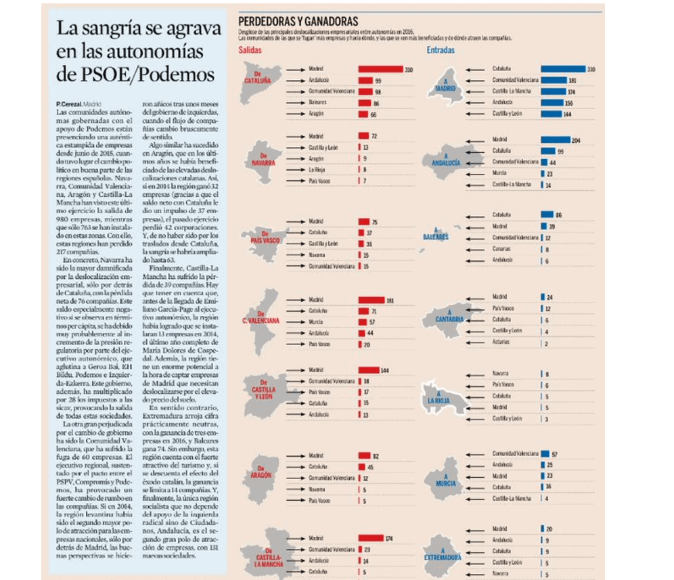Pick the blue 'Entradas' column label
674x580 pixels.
click(x=441, y=50)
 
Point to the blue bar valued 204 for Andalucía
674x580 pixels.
click(x=556, y=139)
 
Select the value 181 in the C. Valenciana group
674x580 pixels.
click(x=390, y=300)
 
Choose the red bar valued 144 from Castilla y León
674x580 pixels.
click(x=368, y=370)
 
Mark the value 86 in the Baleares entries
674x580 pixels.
click(x=558, y=215)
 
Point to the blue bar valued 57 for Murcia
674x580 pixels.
click(x=545, y=453)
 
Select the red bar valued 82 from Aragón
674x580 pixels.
click(x=363, y=455)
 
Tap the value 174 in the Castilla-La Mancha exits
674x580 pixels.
click(x=388, y=539)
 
